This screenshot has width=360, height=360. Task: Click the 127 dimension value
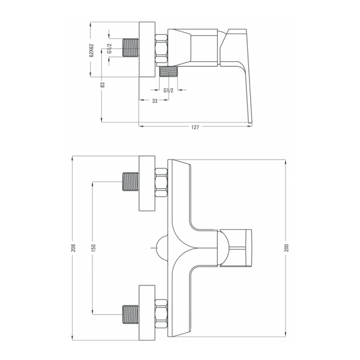tap(195, 127)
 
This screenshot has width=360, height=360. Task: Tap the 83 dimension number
tap(103, 85)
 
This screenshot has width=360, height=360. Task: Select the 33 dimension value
tap(155, 101)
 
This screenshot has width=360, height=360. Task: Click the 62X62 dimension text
tap(92, 50)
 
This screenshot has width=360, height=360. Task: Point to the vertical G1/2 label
tap(110, 49)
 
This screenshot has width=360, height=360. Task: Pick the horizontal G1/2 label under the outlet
tap(168, 91)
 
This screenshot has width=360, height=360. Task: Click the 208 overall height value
tap(73, 248)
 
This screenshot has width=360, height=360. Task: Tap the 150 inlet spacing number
tap(93, 248)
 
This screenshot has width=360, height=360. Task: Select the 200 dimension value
tap(286, 248)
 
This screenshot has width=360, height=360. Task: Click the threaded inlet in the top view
tap(131, 48)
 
